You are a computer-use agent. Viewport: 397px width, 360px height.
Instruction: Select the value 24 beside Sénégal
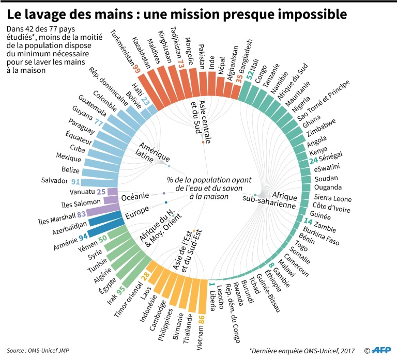[314, 160]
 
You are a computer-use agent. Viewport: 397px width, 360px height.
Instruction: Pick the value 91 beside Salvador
[75, 182]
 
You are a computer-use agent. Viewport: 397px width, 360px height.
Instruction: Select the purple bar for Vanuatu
[114, 192]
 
